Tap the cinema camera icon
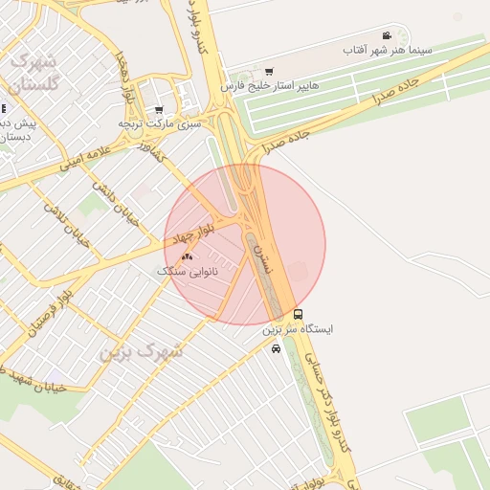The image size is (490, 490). (x=387, y=35)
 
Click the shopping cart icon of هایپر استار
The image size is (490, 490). (x=269, y=72)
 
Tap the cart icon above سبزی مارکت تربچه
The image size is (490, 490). (x=158, y=109)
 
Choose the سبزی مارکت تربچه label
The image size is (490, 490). (x=159, y=123)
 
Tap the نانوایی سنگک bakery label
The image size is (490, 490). (x=188, y=271)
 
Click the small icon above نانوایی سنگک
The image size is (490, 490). (x=188, y=256)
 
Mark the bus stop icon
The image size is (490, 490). (x=298, y=314)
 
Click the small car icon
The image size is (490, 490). (x=276, y=349)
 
